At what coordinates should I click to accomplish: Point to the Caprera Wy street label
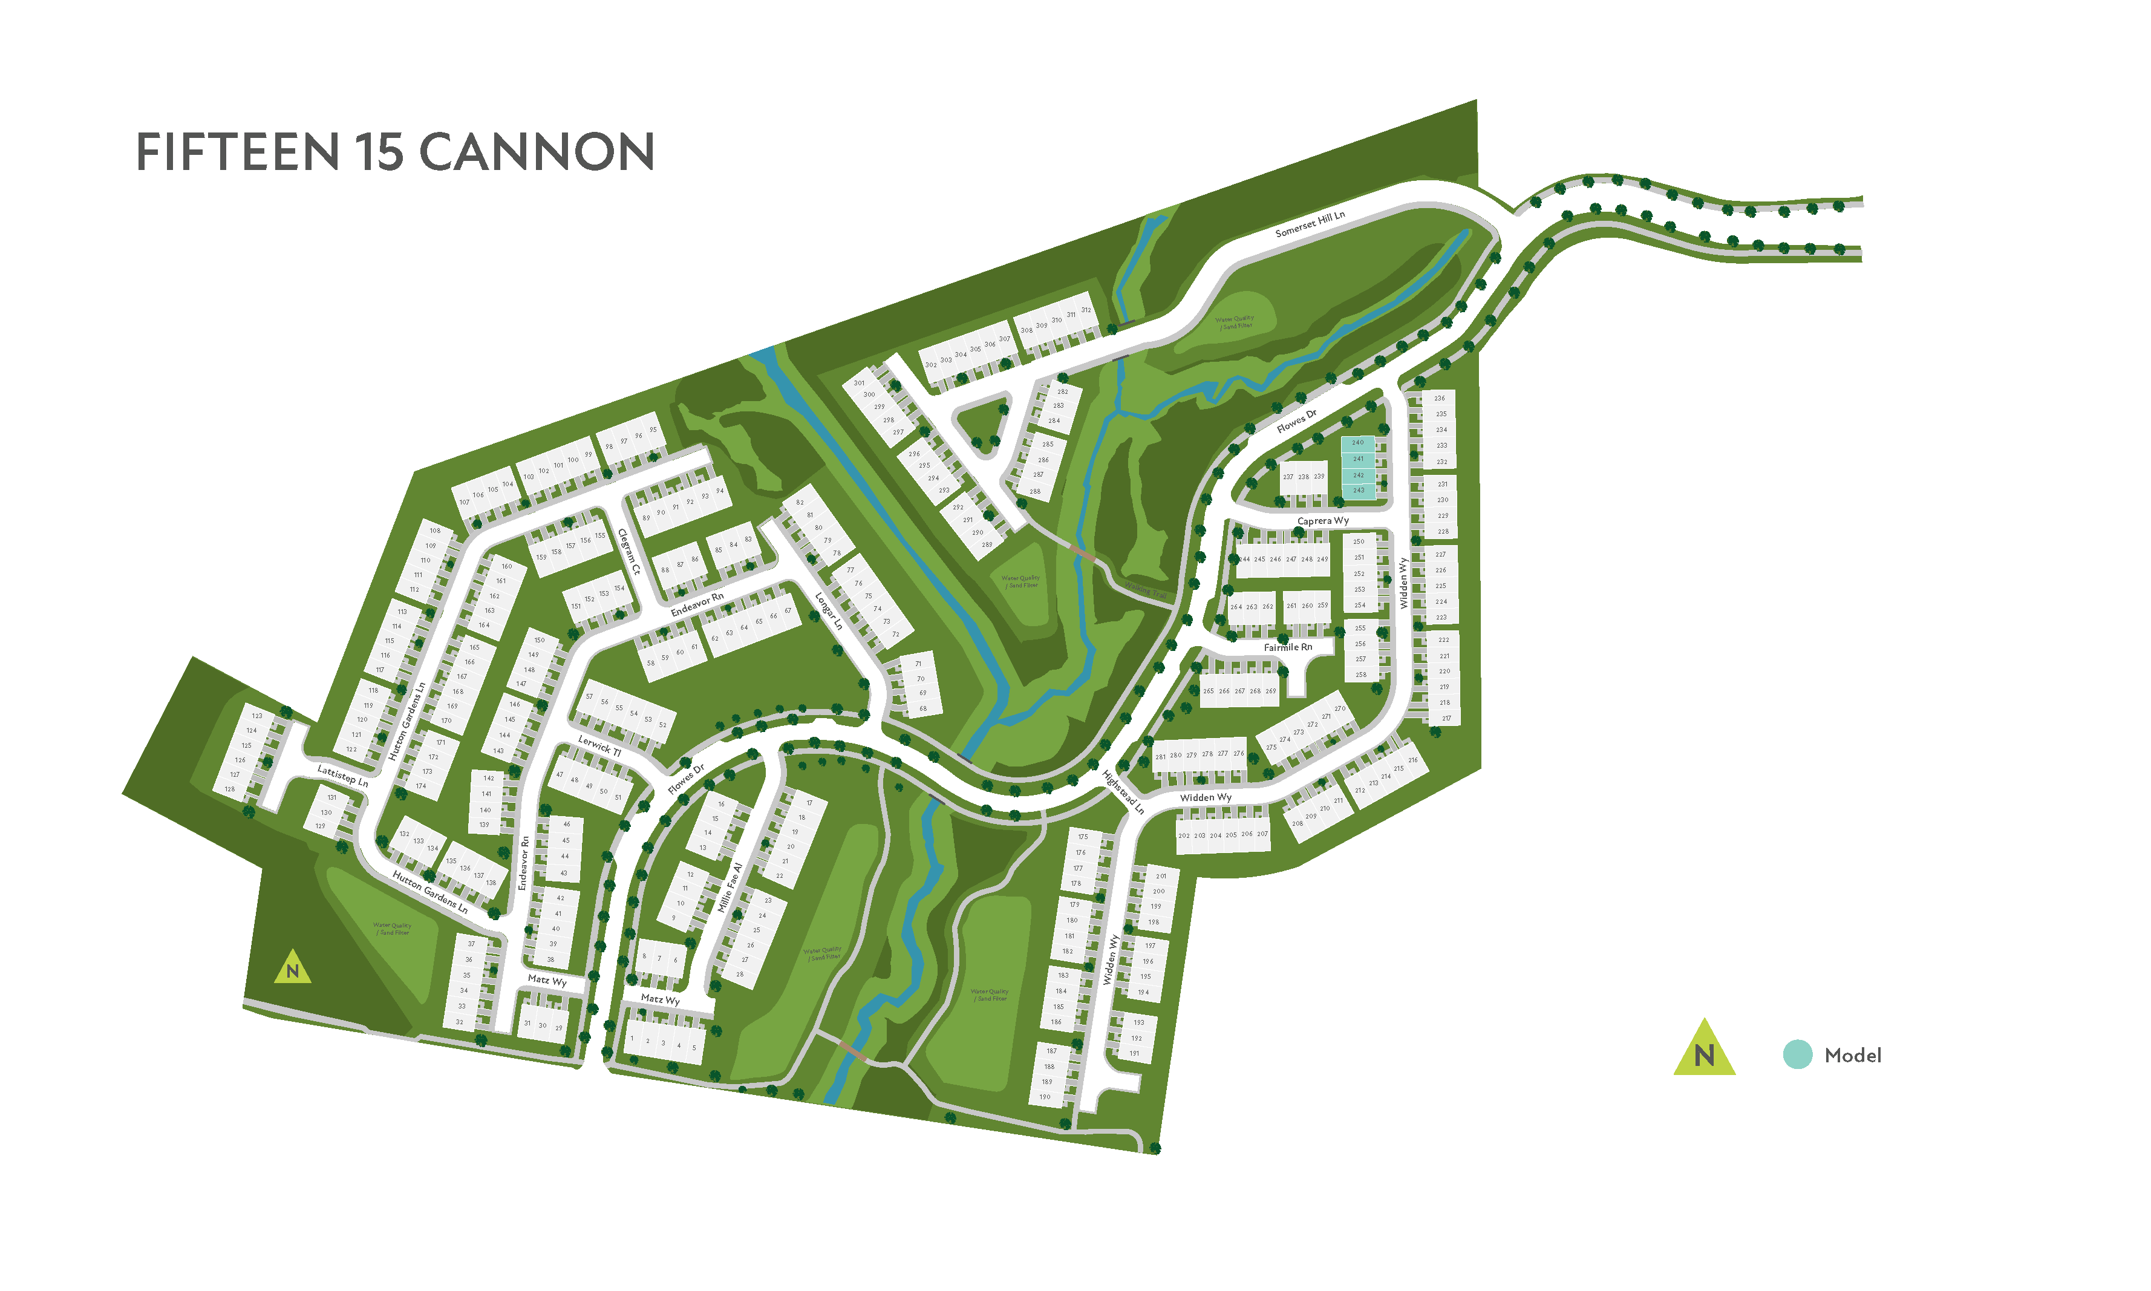[1322, 521]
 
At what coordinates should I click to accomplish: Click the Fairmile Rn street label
[1287, 647]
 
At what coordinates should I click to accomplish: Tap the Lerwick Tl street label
[599, 745]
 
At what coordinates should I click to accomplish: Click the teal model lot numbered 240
[1358, 443]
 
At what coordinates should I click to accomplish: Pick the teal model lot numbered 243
[1358, 491]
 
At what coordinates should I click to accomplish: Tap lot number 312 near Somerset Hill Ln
[1086, 310]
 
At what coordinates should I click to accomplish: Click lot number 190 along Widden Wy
[1045, 1097]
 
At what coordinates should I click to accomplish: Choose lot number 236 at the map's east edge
[1440, 399]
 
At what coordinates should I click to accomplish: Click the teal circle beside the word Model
[1797, 1054]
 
